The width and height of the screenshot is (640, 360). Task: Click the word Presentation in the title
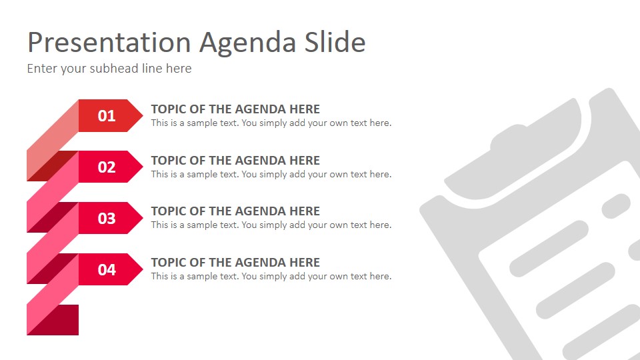pos(109,43)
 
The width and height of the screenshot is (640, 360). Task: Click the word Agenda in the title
pos(249,43)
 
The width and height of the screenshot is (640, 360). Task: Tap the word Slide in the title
pos(336,43)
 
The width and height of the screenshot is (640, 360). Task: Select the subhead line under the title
pos(109,68)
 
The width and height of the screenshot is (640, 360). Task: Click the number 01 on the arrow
pos(107,116)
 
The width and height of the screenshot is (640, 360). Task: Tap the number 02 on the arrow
pos(107,167)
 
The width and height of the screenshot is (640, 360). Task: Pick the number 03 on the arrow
pos(107,219)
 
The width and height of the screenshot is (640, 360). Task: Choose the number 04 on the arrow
pos(107,270)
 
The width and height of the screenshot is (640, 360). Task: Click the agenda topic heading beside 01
pos(235,109)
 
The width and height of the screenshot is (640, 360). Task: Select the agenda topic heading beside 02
pos(235,161)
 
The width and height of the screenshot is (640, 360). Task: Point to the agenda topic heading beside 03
pos(235,211)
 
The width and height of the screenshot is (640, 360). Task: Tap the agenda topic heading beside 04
pos(235,263)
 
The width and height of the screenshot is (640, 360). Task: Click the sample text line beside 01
pos(271,123)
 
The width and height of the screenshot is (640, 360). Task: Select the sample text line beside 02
pos(271,175)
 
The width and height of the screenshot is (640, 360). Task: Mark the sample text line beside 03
pos(271,225)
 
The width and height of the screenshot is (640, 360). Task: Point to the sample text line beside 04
pos(271,277)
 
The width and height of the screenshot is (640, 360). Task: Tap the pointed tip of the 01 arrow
pos(139,116)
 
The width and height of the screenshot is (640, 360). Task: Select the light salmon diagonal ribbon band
pos(52,141)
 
